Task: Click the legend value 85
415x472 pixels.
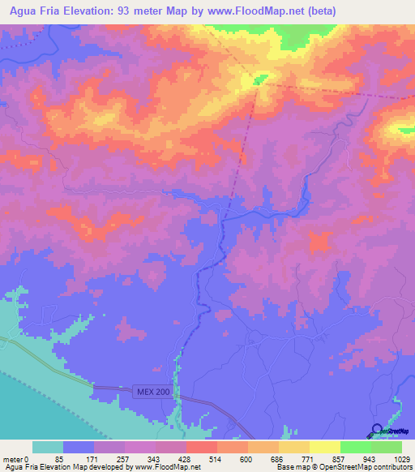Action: pyautogui.click(x=59, y=459)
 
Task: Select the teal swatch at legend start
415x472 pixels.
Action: pyautogui.click(x=48, y=447)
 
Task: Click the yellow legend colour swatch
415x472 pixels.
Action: pyautogui.click(x=324, y=447)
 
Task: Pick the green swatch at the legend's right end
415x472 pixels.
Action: pyautogui.click(x=387, y=447)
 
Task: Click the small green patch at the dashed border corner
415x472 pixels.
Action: pyautogui.click(x=259, y=79)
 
